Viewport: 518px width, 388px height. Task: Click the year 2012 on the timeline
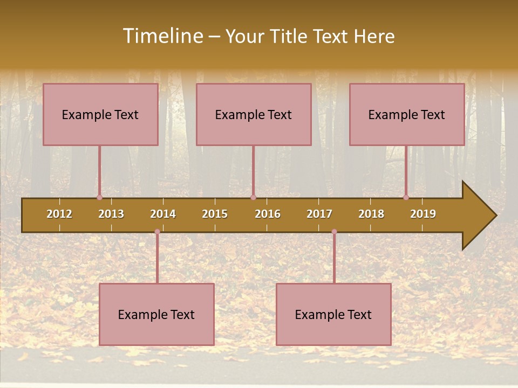click(x=59, y=214)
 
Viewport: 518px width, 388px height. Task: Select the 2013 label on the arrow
click(x=111, y=214)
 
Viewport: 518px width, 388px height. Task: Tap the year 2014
click(x=163, y=214)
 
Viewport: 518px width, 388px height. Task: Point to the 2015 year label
click(x=215, y=214)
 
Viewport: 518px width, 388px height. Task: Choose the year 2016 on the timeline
click(x=268, y=214)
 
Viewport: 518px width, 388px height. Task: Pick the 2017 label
click(x=319, y=214)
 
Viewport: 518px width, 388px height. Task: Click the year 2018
click(x=371, y=214)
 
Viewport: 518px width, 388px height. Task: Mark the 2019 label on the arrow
click(x=423, y=214)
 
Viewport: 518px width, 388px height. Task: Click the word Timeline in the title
click(x=162, y=36)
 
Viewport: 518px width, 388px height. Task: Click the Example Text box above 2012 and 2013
click(x=100, y=114)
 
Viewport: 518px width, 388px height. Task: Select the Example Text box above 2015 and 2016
click(x=254, y=114)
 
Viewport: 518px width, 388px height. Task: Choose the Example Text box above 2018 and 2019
click(x=407, y=114)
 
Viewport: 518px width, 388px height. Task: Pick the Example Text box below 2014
click(x=156, y=314)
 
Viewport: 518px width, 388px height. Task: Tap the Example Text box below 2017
click(x=333, y=314)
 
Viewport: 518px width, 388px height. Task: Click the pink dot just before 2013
click(x=99, y=198)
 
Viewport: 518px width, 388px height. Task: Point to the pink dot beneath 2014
click(x=157, y=232)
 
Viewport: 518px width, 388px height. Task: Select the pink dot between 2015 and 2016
click(x=253, y=198)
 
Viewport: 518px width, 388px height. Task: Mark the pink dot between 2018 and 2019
click(x=406, y=198)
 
